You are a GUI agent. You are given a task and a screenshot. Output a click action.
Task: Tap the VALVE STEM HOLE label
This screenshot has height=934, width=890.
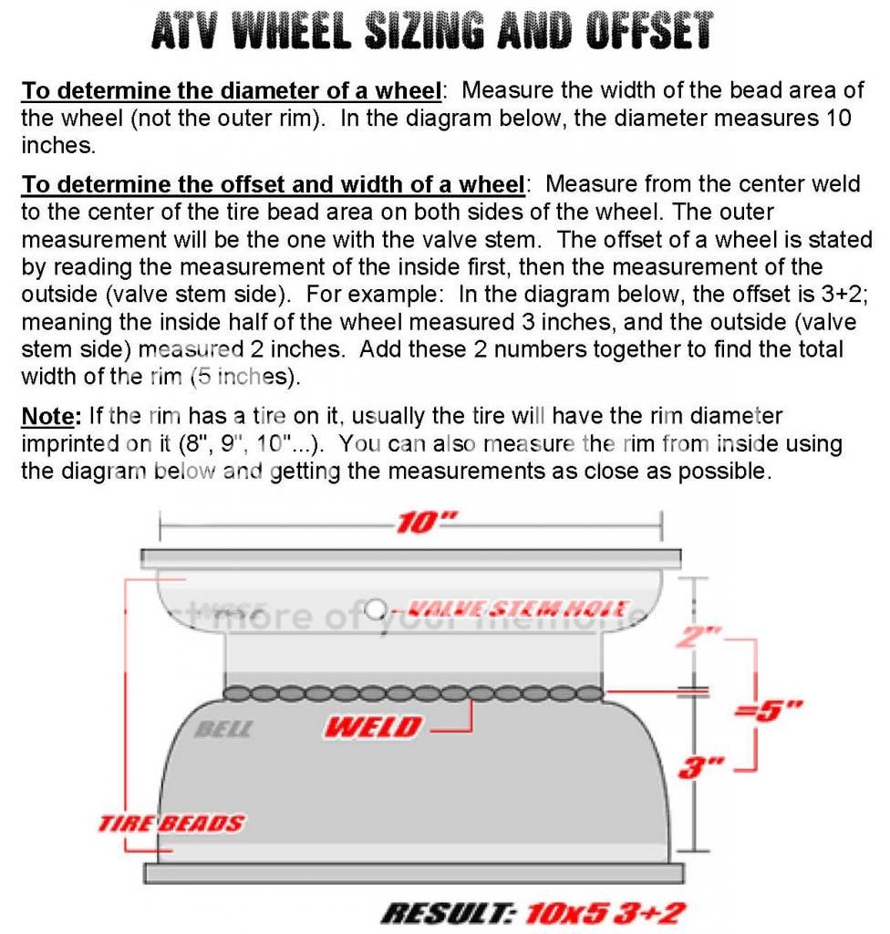tap(518, 608)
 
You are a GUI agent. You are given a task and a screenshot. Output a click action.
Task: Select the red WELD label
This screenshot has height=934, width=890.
tap(375, 727)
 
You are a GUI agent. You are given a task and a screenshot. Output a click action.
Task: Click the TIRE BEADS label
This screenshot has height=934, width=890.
tap(171, 824)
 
